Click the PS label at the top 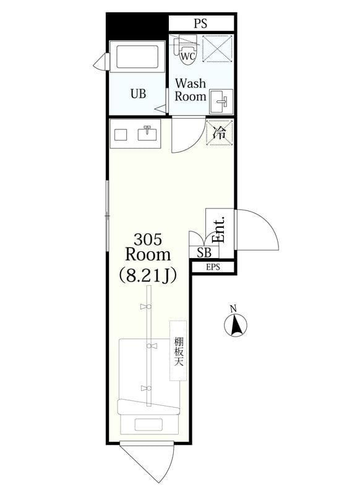tap(200, 24)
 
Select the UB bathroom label tap(138, 94)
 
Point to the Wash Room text tap(190, 90)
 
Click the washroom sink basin tap(220, 101)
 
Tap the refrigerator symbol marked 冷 tap(220, 132)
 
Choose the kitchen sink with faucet tap(147, 134)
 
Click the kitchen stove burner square tap(121, 134)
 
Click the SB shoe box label tap(204, 252)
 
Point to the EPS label tap(213, 267)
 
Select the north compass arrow tap(235, 324)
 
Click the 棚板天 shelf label tap(178, 350)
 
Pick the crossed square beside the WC tap(218, 49)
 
